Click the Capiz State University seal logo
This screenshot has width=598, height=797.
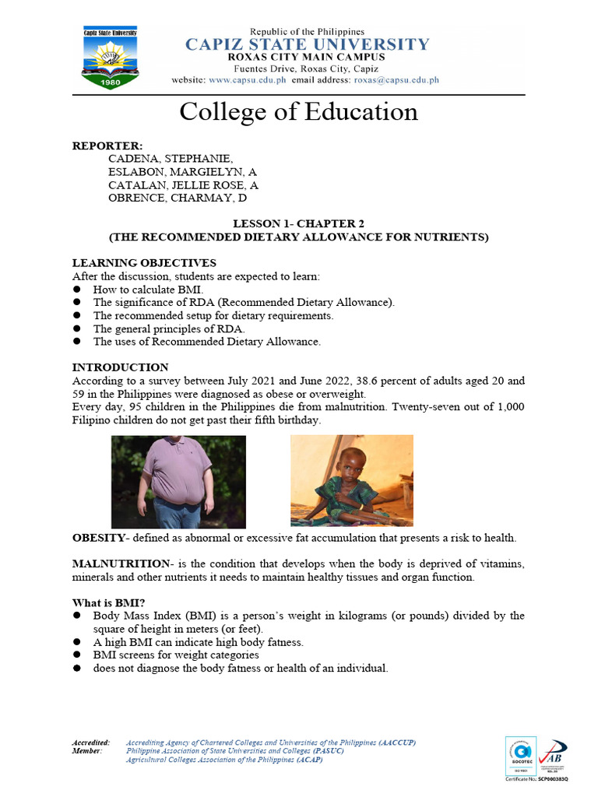(111, 57)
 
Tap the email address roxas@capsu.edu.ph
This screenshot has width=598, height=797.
(396, 80)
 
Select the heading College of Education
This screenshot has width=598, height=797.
(298, 111)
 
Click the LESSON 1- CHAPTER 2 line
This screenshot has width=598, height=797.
(298, 224)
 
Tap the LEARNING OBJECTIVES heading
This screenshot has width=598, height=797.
(144, 263)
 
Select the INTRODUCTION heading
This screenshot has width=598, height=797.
(120, 367)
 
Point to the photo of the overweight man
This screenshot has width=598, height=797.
(178, 482)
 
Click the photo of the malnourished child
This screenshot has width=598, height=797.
(351, 480)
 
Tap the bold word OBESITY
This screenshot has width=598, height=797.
(98, 539)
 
